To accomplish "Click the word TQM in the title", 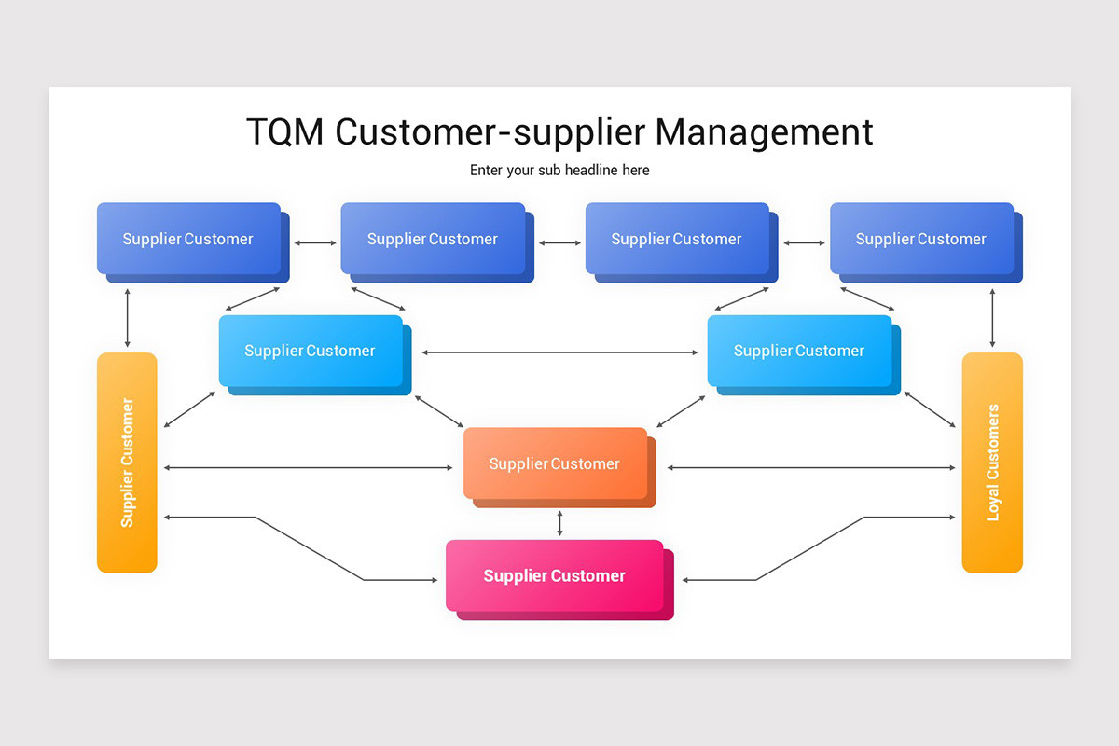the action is (x=284, y=131).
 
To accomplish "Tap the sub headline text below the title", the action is (x=559, y=171).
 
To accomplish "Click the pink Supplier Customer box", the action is (x=559, y=580).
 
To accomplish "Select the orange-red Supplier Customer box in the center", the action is (x=559, y=468).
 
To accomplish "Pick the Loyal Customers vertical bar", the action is (x=992, y=463).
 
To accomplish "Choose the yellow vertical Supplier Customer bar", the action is (x=127, y=463).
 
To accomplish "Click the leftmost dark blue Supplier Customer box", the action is (x=193, y=242).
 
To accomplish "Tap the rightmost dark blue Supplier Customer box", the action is (x=926, y=242).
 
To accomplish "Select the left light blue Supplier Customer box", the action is (x=315, y=355).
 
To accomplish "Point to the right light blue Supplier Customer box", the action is (x=804, y=355).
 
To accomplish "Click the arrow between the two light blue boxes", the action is (x=559, y=352).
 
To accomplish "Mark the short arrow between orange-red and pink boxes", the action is (x=559, y=523).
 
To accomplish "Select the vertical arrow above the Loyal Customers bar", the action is (x=992, y=318).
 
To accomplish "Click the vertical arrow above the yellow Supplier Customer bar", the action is (x=128, y=318).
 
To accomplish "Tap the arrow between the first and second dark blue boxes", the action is (x=315, y=242).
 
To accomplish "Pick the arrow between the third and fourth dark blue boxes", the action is (x=804, y=242).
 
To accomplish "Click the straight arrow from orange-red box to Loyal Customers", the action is (x=811, y=468).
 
